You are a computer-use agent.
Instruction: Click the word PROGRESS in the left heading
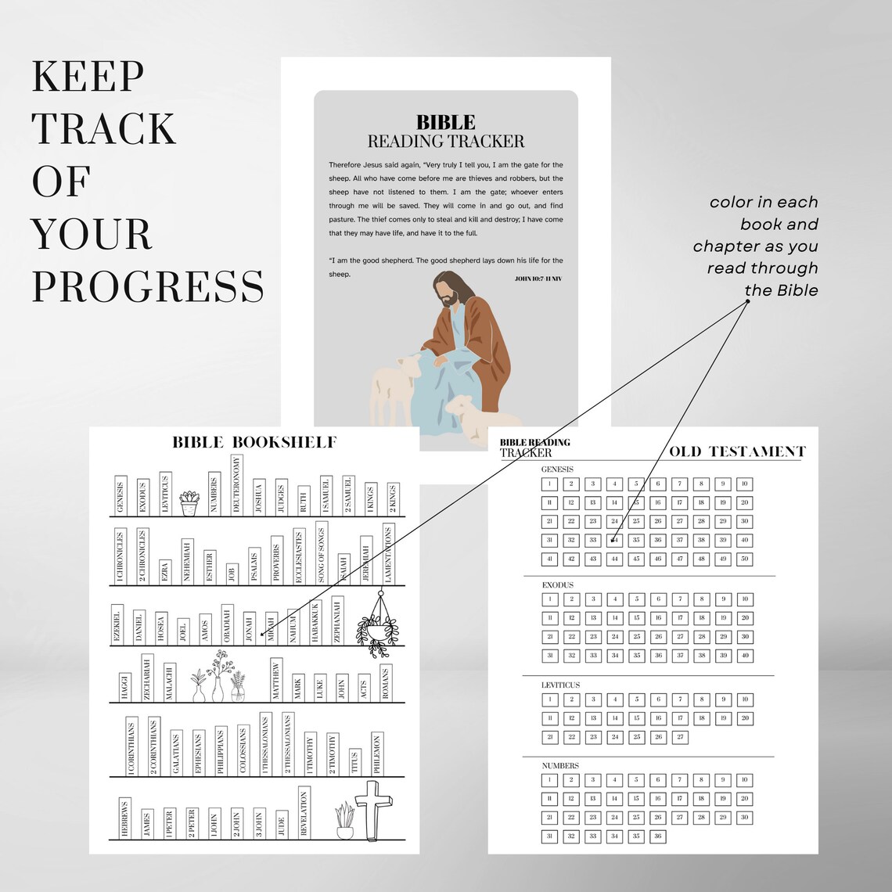pyautogui.click(x=148, y=286)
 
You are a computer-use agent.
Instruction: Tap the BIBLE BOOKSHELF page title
pyautogui.click(x=254, y=443)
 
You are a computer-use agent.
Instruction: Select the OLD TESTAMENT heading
pyautogui.click(x=736, y=451)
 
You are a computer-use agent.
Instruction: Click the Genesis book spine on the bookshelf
pyautogui.click(x=120, y=495)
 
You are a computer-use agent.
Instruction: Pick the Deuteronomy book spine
pyautogui.click(x=236, y=485)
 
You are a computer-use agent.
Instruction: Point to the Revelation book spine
pyautogui.click(x=304, y=814)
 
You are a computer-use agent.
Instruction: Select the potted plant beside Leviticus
pyautogui.click(x=189, y=503)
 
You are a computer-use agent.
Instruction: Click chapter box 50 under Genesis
pyautogui.click(x=745, y=559)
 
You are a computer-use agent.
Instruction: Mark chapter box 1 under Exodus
pyautogui.click(x=550, y=599)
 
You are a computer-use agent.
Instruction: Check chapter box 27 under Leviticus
pyautogui.click(x=679, y=737)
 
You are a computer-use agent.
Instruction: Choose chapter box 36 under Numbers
pyautogui.click(x=657, y=836)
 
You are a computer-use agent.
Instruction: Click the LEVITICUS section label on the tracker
pyautogui.click(x=560, y=685)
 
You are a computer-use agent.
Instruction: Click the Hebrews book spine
pyautogui.click(x=124, y=818)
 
